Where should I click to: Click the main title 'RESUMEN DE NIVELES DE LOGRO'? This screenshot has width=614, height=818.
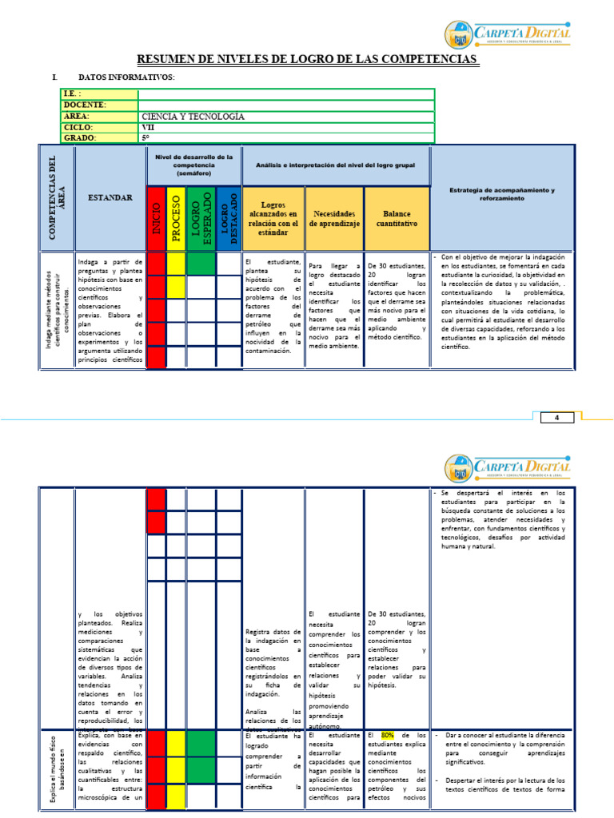(x=308, y=60)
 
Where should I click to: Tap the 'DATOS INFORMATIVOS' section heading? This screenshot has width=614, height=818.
(x=126, y=77)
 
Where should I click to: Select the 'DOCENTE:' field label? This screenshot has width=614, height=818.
(x=85, y=105)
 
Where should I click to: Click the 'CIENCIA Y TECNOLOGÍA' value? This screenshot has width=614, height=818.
(x=193, y=117)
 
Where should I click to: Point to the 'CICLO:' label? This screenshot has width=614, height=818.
(x=79, y=127)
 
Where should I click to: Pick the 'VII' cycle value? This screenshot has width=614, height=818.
(x=149, y=127)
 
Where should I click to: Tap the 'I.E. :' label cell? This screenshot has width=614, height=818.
(x=73, y=94)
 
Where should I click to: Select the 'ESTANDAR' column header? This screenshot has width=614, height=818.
(x=110, y=197)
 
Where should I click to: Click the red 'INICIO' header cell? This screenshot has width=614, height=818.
(x=156, y=218)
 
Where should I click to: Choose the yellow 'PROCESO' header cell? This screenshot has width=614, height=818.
(x=176, y=218)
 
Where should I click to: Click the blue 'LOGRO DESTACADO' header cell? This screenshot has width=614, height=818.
(x=229, y=218)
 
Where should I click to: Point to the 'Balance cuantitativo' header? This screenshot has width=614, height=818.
(x=397, y=219)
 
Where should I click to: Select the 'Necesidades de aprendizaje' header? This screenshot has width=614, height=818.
(x=334, y=219)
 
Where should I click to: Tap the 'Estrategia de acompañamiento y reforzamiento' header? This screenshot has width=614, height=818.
(x=502, y=194)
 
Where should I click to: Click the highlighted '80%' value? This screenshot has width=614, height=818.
(x=388, y=734)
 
